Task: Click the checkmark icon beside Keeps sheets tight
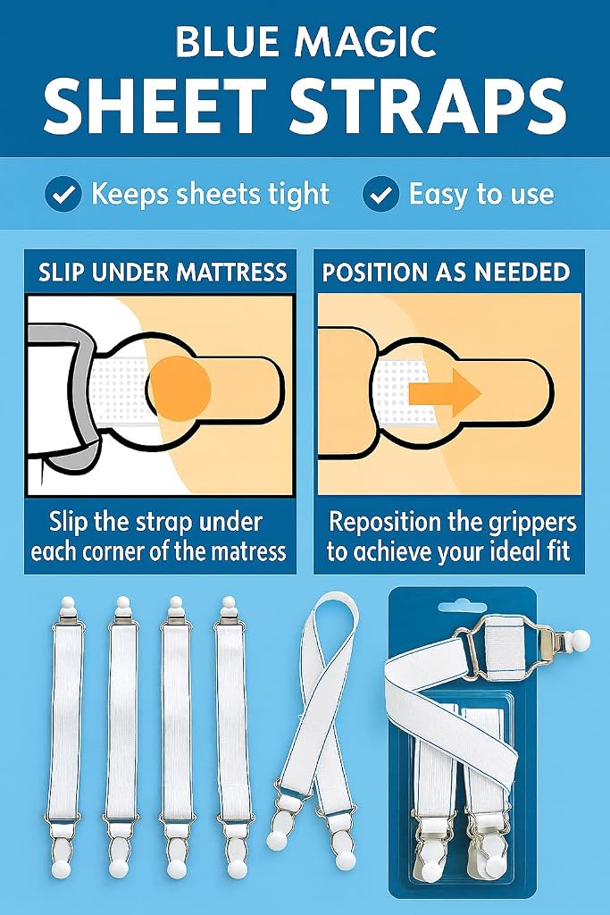pos(63,194)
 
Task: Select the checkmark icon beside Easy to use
pos(380,194)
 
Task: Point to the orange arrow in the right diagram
pos(445,392)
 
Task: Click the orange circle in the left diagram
pos(179,388)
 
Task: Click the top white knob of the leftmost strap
pos(68,603)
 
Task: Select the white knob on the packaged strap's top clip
pos(580,641)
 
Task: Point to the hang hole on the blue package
pos(461,608)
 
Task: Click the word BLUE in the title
pos(227,41)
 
